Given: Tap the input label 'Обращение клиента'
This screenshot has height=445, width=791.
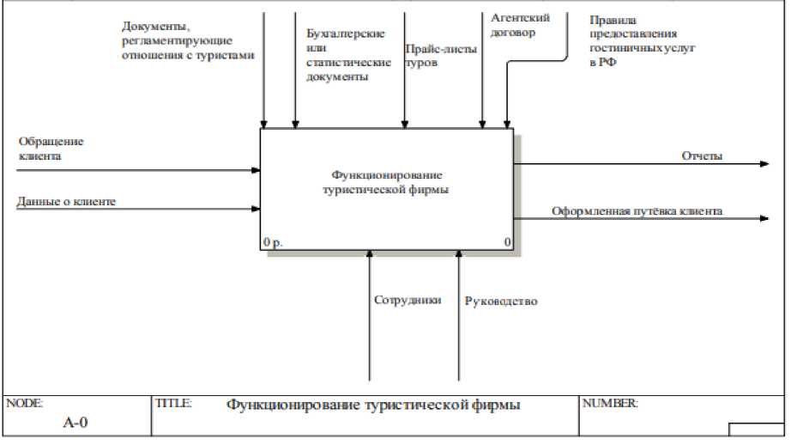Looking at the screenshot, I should [x=51, y=149].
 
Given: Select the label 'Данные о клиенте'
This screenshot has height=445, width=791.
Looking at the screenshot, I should [x=66, y=201].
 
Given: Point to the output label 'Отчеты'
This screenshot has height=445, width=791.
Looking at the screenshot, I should [x=702, y=155].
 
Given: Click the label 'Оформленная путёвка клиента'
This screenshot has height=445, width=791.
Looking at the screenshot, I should [x=637, y=210].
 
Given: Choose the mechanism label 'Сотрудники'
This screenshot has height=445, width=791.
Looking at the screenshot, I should [x=408, y=301].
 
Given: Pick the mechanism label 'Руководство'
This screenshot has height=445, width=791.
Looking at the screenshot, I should [x=500, y=302].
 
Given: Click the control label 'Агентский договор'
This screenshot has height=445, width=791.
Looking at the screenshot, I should [x=520, y=25].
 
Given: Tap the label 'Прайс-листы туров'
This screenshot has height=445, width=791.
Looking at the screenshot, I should [x=441, y=55].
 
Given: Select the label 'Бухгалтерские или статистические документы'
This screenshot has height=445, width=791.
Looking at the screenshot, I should [x=343, y=55].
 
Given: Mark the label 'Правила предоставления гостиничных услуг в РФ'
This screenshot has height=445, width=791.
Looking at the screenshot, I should [x=641, y=46].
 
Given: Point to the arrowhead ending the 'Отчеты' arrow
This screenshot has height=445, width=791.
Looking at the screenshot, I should [x=764, y=163].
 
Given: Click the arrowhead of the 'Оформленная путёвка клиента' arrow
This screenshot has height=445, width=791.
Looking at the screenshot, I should [x=764, y=218].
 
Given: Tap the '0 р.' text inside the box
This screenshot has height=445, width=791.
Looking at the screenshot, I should [x=274, y=243].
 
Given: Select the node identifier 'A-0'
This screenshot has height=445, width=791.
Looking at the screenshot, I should [x=75, y=423].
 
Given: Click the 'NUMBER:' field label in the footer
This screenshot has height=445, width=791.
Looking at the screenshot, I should [x=609, y=403].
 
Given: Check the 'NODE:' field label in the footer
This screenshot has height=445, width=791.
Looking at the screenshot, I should [x=24, y=403].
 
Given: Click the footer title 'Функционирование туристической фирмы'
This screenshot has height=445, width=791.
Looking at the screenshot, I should [x=373, y=404].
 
